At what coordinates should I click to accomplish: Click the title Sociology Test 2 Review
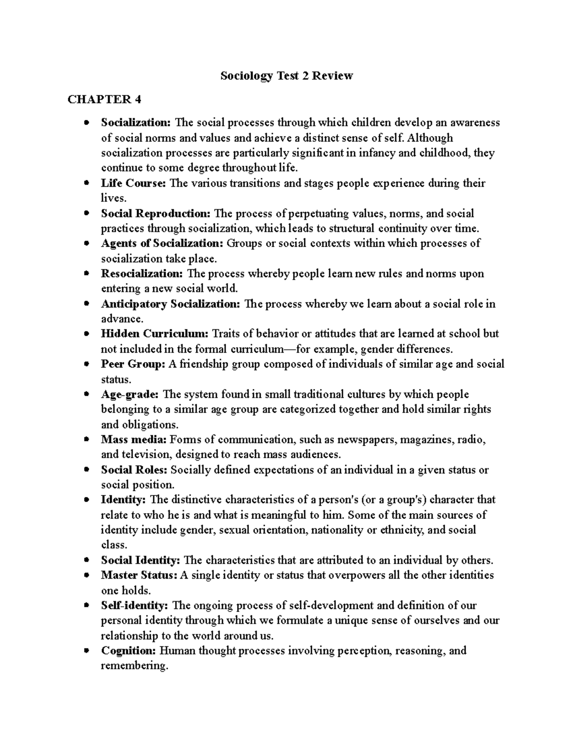(x=286, y=75)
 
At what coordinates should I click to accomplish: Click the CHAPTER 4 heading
(x=105, y=99)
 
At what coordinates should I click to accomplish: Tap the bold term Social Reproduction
(x=156, y=214)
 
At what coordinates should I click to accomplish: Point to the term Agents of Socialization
(x=162, y=243)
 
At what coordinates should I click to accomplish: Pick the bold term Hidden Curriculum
(x=155, y=333)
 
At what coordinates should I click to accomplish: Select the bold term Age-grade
(x=130, y=395)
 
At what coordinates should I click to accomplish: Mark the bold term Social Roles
(x=134, y=470)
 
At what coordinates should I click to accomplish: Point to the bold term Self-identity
(x=134, y=606)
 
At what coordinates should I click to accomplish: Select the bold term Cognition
(x=128, y=651)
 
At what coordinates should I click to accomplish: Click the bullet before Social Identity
(x=86, y=560)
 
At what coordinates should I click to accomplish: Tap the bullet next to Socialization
(x=86, y=123)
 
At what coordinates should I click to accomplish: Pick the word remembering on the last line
(x=135, y=666)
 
